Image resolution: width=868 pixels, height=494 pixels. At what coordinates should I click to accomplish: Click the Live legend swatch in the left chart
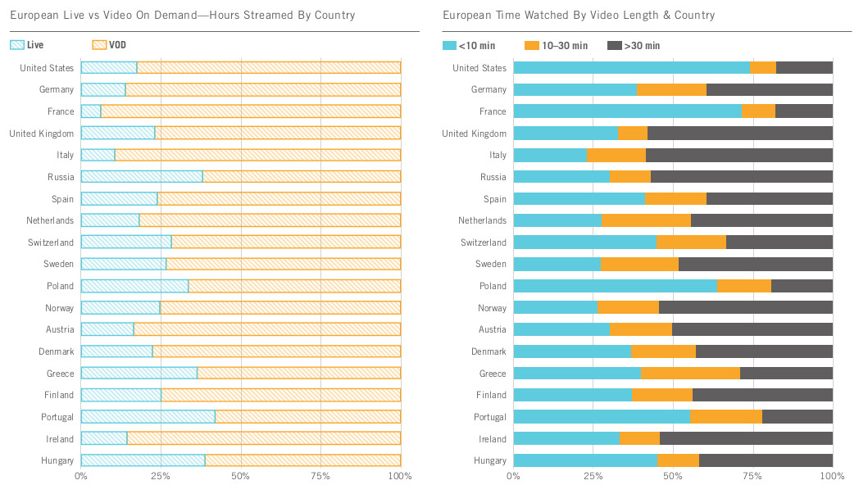tap(16, 45)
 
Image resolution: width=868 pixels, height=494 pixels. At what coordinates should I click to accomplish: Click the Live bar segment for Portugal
tap(148, 417)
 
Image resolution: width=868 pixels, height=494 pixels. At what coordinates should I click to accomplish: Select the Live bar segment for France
tap(91, 111)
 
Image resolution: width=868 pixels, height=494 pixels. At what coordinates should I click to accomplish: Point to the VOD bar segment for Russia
tap(302, 177)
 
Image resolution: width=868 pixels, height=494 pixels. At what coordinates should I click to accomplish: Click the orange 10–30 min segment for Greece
tap(690, 374)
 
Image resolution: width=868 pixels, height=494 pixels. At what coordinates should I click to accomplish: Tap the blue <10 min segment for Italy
tap(550, 155)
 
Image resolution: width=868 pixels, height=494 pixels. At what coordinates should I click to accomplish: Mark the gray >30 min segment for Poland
tap(802, 286)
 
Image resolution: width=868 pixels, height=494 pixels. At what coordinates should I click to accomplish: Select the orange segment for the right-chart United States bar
tap(763, 68)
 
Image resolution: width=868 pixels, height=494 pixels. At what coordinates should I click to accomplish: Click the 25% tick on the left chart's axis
tap(161, 476)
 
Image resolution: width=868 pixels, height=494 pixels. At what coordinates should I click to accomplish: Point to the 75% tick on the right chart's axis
tap(752, 476)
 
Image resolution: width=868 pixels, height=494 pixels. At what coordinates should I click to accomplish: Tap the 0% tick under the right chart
tap(513, 476)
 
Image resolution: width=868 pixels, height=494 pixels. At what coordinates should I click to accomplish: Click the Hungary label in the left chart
tap(57, 461)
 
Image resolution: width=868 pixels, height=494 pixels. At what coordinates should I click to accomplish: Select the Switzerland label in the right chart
tap(482, 242)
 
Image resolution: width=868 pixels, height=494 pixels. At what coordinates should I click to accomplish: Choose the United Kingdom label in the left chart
tap(42, 134)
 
